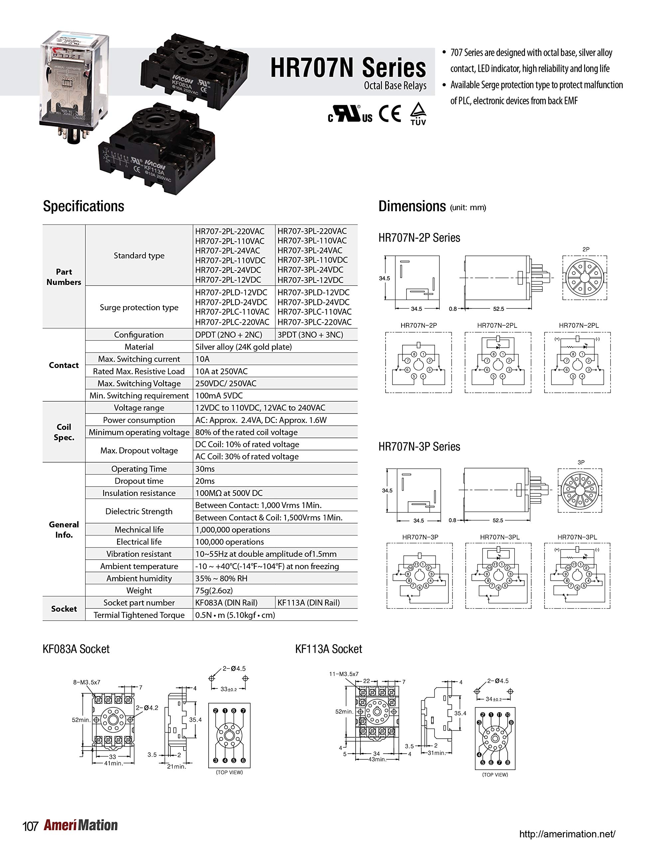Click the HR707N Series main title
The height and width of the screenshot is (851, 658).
tap(348, 68)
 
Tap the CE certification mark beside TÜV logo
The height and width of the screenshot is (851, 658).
tap(390, 114)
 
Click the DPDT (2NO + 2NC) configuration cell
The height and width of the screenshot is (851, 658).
tap(229, 335)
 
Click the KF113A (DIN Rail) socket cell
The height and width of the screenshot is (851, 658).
tap(308, 602)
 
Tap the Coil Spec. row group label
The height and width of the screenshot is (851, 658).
tap(64, 432)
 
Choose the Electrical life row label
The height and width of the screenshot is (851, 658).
tap(139, 542)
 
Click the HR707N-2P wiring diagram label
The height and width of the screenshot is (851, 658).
tap(418, 325)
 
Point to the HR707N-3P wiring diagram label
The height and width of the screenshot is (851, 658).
tap(420, 537)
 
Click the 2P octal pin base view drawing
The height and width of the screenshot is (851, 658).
tap(584, 278)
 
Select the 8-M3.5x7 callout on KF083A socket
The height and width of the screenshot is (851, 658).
tap(86, 682)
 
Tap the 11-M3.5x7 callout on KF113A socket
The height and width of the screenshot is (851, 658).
tap(344, 674)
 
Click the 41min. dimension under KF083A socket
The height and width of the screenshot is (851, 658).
tap(113, 763)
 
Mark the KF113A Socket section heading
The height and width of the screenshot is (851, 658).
tap(328, 649)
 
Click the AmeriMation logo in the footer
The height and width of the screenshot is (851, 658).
tap(81, 825)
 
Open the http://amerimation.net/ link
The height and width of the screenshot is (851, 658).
tap(567, 834)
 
